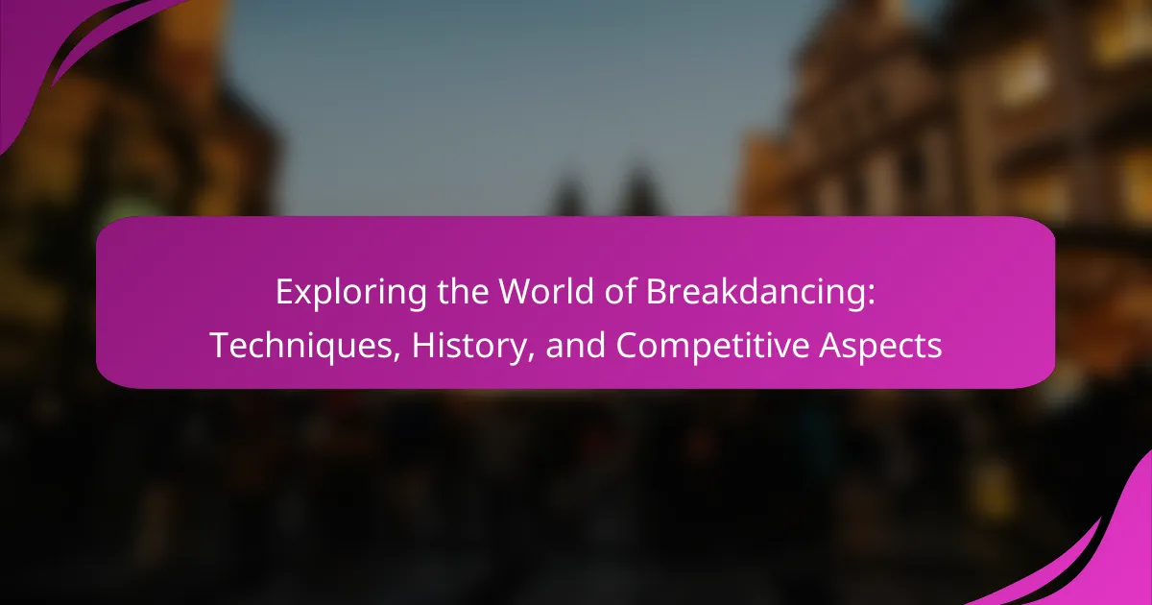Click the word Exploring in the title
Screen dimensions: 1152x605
tap(351, 293)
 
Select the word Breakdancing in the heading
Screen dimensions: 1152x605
tap(756, 293)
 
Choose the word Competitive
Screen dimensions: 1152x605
tap(712, 347)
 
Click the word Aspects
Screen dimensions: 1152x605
tap(881, 347)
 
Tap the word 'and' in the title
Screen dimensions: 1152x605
tap(575, 345)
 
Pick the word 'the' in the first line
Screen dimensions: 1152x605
tap(463, 291)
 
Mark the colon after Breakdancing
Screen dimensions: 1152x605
tap(871, 297)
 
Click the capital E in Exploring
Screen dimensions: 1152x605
tap(284, 292)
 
